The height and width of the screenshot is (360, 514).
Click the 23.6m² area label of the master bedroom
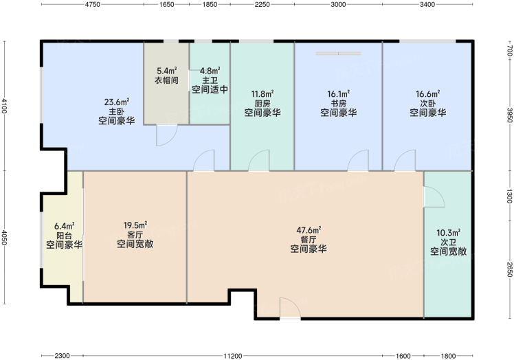tap(117, 102)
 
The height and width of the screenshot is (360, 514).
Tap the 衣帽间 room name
tap(166, 80)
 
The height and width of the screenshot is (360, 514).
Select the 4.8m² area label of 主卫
tap(210, 71)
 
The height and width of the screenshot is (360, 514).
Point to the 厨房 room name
tap(262, 104)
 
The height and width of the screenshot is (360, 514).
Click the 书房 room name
tap(338, 104)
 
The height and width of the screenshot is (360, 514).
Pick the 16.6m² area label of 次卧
tap(428, 94)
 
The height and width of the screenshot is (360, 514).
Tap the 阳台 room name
tap(65, 236)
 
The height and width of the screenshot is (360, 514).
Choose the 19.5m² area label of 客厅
tap(135, 225)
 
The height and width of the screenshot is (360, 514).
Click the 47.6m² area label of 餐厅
tap(309, 230)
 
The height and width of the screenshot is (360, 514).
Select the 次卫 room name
tap(449, 243)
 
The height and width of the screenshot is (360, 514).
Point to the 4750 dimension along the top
tap(93, 5)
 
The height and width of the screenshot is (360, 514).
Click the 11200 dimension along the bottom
tap(233, 356)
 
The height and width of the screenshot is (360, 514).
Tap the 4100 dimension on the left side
tap(4, 106)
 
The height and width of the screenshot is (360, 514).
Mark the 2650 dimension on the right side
tap(509, 269)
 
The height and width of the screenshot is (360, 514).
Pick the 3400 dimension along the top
tap(427, 5)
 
